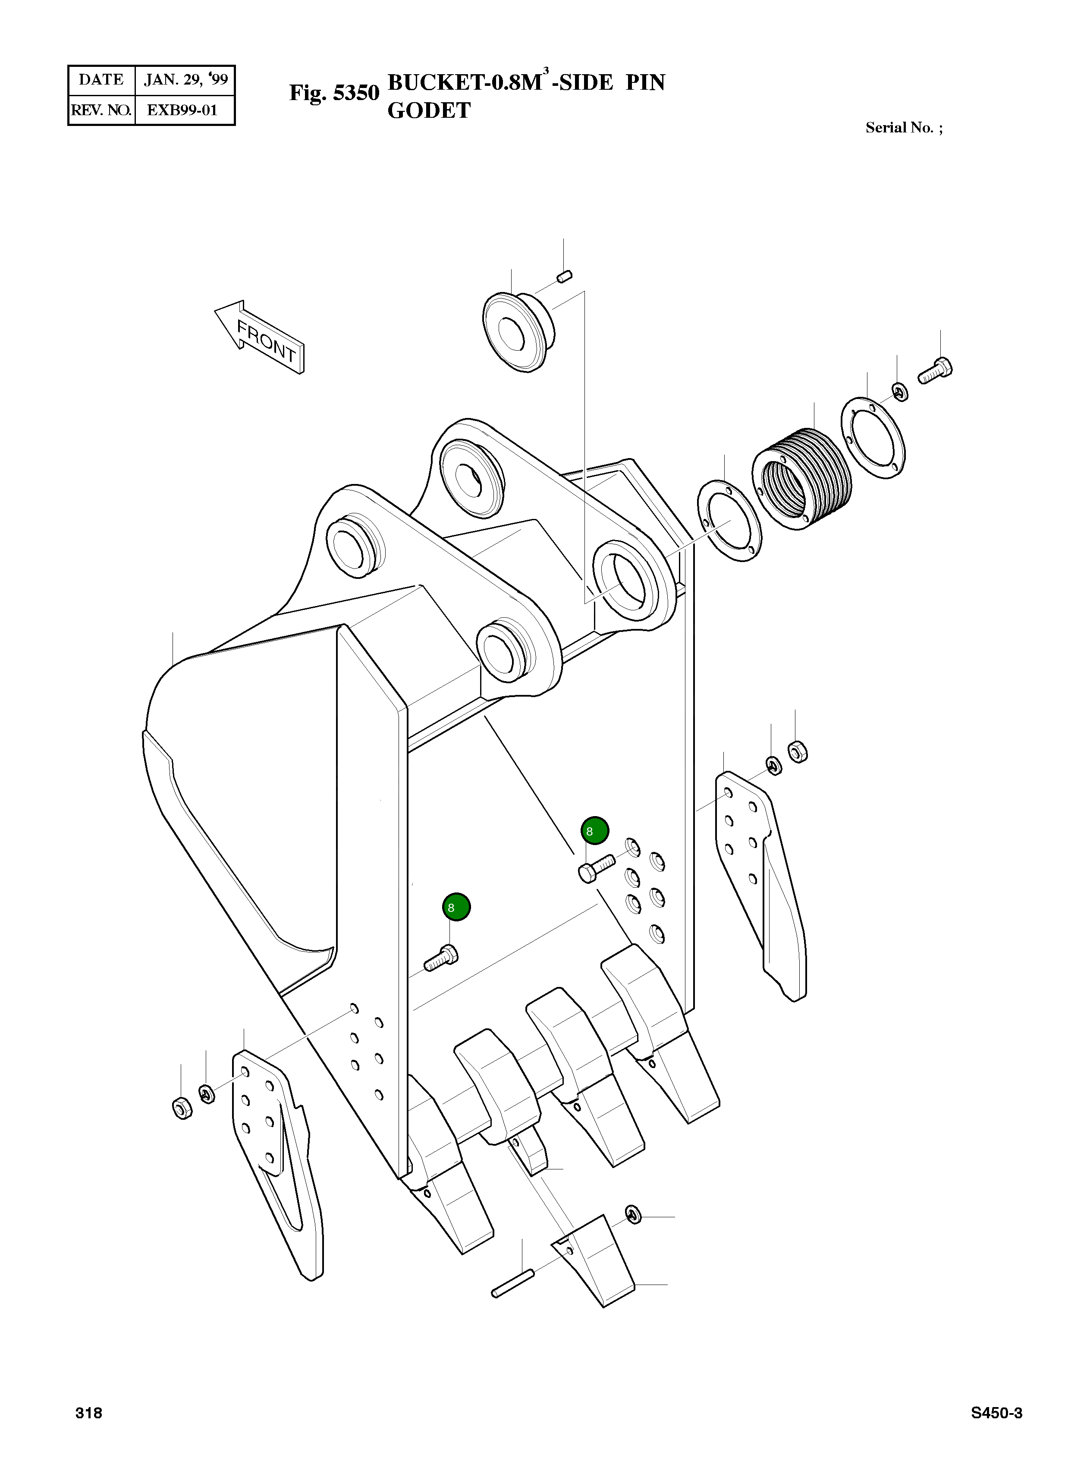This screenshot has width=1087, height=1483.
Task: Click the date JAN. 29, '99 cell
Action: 185,80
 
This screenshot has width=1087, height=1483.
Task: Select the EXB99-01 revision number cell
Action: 182,110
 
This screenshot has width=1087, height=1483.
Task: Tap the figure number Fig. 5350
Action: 334,93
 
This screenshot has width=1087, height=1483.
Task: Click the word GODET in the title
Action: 429,110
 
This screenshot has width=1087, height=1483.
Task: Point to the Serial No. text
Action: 903,128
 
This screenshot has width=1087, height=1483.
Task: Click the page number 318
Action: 89,1413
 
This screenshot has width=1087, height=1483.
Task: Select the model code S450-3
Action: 996,1413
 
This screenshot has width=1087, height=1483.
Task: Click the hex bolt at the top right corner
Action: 936,371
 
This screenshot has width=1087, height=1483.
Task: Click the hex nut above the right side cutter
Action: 798,751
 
